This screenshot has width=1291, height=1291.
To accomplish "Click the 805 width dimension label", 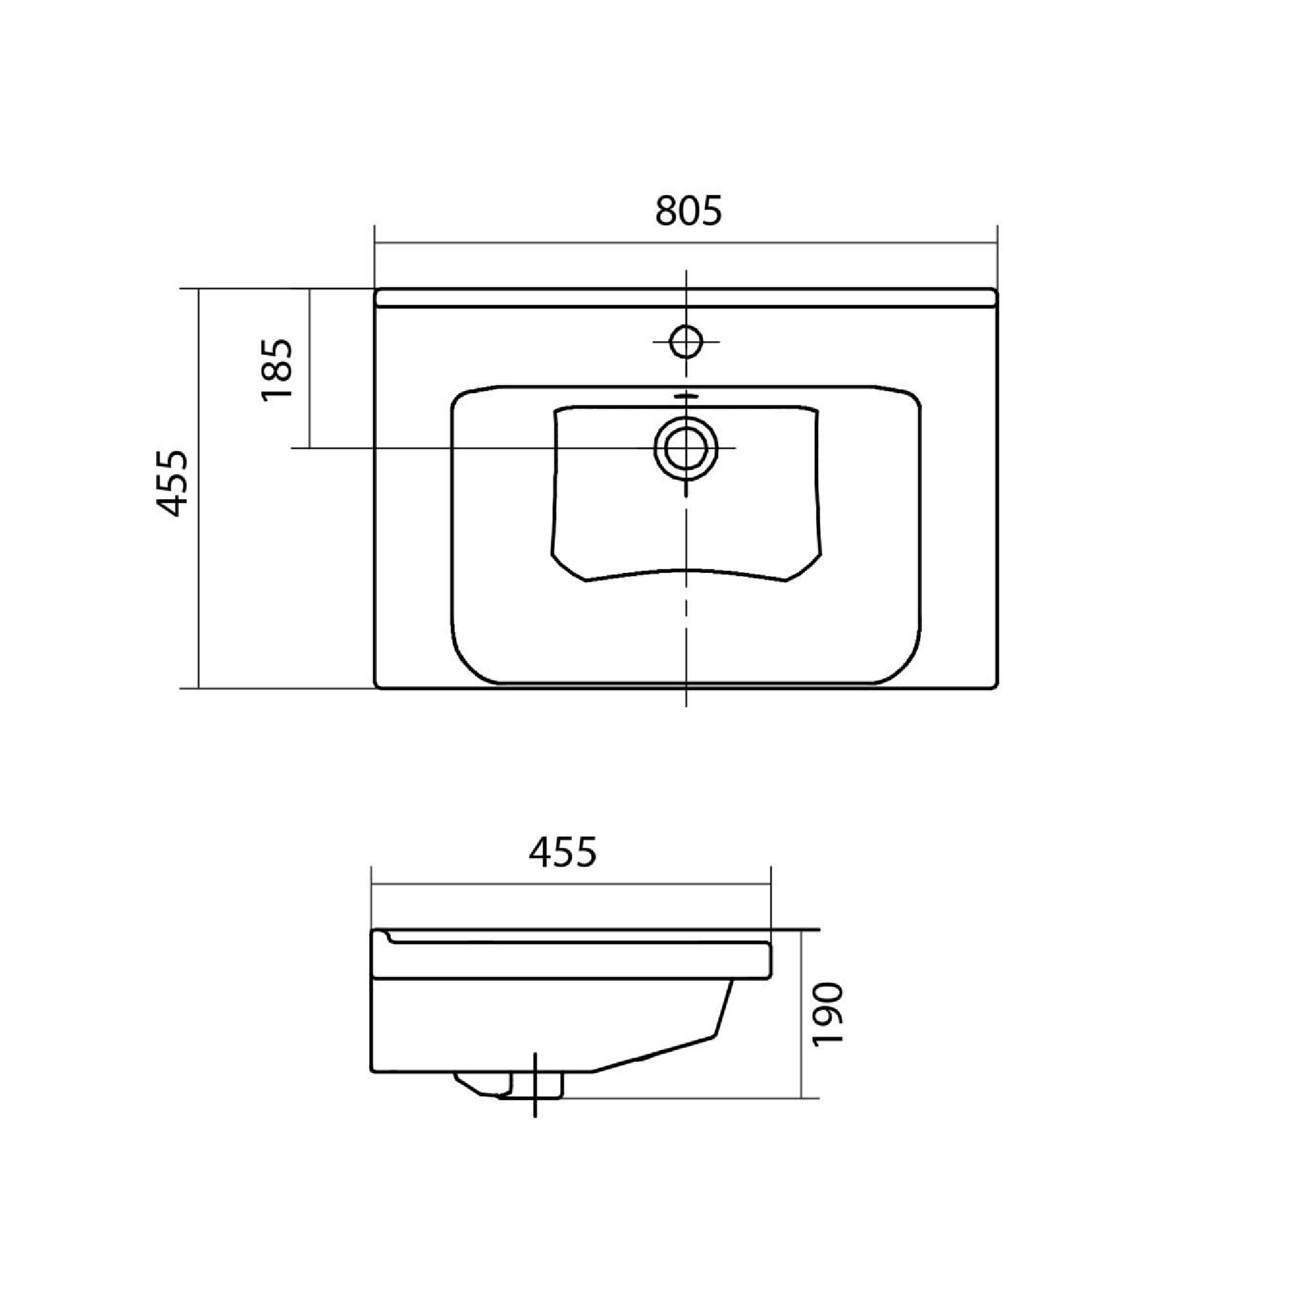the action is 688,210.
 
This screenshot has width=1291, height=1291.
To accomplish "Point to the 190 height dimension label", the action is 829,1013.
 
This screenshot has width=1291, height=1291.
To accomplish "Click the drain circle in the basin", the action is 686,447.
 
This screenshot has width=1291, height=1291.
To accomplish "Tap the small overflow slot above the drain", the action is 686,396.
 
